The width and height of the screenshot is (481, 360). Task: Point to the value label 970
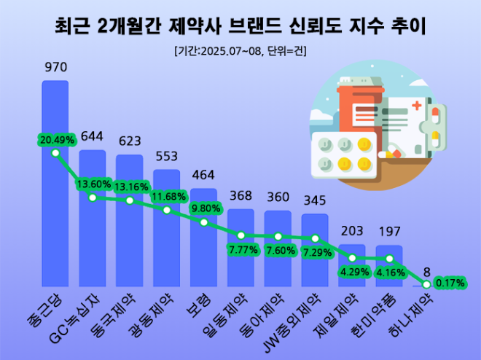(x=55, y=68)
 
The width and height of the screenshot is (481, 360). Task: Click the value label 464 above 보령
(x=203, y=176)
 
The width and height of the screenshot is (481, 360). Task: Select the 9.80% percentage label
(x=204, y=208)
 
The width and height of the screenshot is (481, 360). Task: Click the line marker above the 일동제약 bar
(x=240, y=235)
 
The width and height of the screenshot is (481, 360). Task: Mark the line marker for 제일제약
(x=352, y=258)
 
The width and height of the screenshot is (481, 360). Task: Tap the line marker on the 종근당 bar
(x=55, y=152)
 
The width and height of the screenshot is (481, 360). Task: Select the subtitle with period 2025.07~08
(x=240, y=51)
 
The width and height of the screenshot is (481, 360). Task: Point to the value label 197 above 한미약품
(x=389, y=232)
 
